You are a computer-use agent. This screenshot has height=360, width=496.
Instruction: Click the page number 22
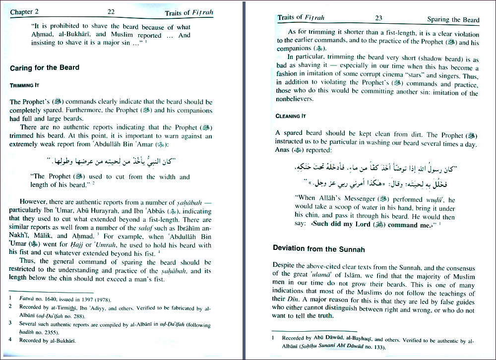pos(111,11)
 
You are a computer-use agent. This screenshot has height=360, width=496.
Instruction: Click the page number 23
pos(378,18)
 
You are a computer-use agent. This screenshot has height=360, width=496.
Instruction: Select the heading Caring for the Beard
pos(45,67)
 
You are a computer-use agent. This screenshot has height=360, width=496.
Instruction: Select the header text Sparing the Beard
pos(453,20)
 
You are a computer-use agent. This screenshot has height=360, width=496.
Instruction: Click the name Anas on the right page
pos(283,150)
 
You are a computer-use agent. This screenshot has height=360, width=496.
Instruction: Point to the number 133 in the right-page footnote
pos(379,347)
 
